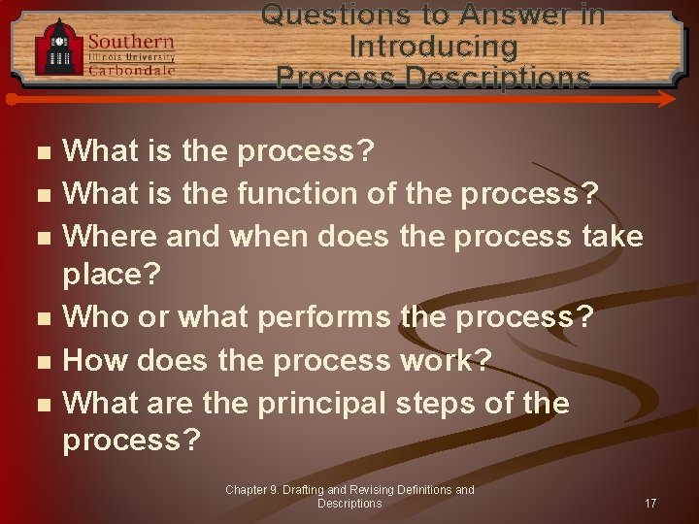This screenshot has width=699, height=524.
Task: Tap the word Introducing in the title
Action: [x=433, y=46]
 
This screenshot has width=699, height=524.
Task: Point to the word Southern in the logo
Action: [x=131, y=41]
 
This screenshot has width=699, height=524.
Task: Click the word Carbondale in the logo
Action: [x=131, y=70]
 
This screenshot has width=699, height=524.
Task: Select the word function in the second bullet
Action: [x=296, y=193]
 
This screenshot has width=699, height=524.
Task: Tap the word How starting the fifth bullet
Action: [x=95, y=360]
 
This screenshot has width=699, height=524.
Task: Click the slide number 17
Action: [x=650, y=504]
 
